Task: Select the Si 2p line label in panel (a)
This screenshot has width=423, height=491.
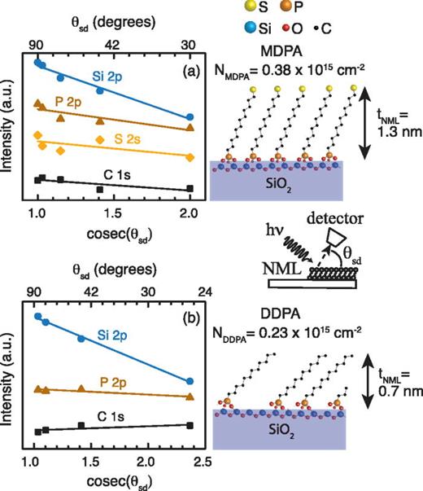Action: click(x=108, y=78)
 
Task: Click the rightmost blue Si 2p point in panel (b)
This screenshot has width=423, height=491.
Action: click(x=190, y=381)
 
